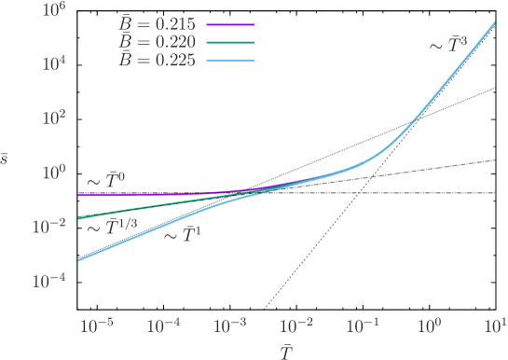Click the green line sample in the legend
[x=228, y=43]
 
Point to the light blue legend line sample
[x=228, y=60]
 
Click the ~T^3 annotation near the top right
[x=447, y=44]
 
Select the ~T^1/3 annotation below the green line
[x=111, y=228]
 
